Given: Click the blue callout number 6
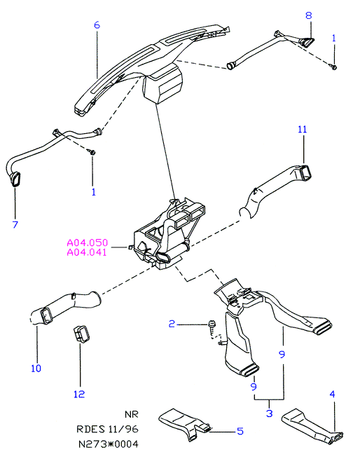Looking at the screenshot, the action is point(97,25).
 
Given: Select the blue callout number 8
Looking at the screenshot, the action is point(309,15).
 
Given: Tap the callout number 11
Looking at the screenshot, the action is point(303,129).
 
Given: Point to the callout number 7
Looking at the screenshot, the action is point(15,224).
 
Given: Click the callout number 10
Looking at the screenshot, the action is point(36,369).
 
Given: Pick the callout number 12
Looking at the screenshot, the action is point(79,394).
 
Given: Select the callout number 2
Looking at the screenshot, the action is point(172,324).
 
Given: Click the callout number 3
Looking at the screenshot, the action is point(270,413).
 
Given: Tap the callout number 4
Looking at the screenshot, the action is point(332,395).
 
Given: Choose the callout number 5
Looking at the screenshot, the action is point(240,431).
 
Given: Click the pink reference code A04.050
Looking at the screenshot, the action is point(88,242).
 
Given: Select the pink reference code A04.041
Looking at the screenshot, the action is point(88,252).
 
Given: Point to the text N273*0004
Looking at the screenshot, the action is point(108,444).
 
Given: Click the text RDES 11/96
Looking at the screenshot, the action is point(107,429).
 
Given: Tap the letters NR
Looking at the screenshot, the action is point(131,415).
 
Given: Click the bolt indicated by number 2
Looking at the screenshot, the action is point(212,325).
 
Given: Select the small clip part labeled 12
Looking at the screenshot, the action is point(81,334).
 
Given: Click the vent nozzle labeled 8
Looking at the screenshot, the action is point(307,42).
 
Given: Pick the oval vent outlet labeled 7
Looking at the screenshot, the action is point(15,179).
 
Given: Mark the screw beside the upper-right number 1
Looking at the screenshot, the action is point(333,67).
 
